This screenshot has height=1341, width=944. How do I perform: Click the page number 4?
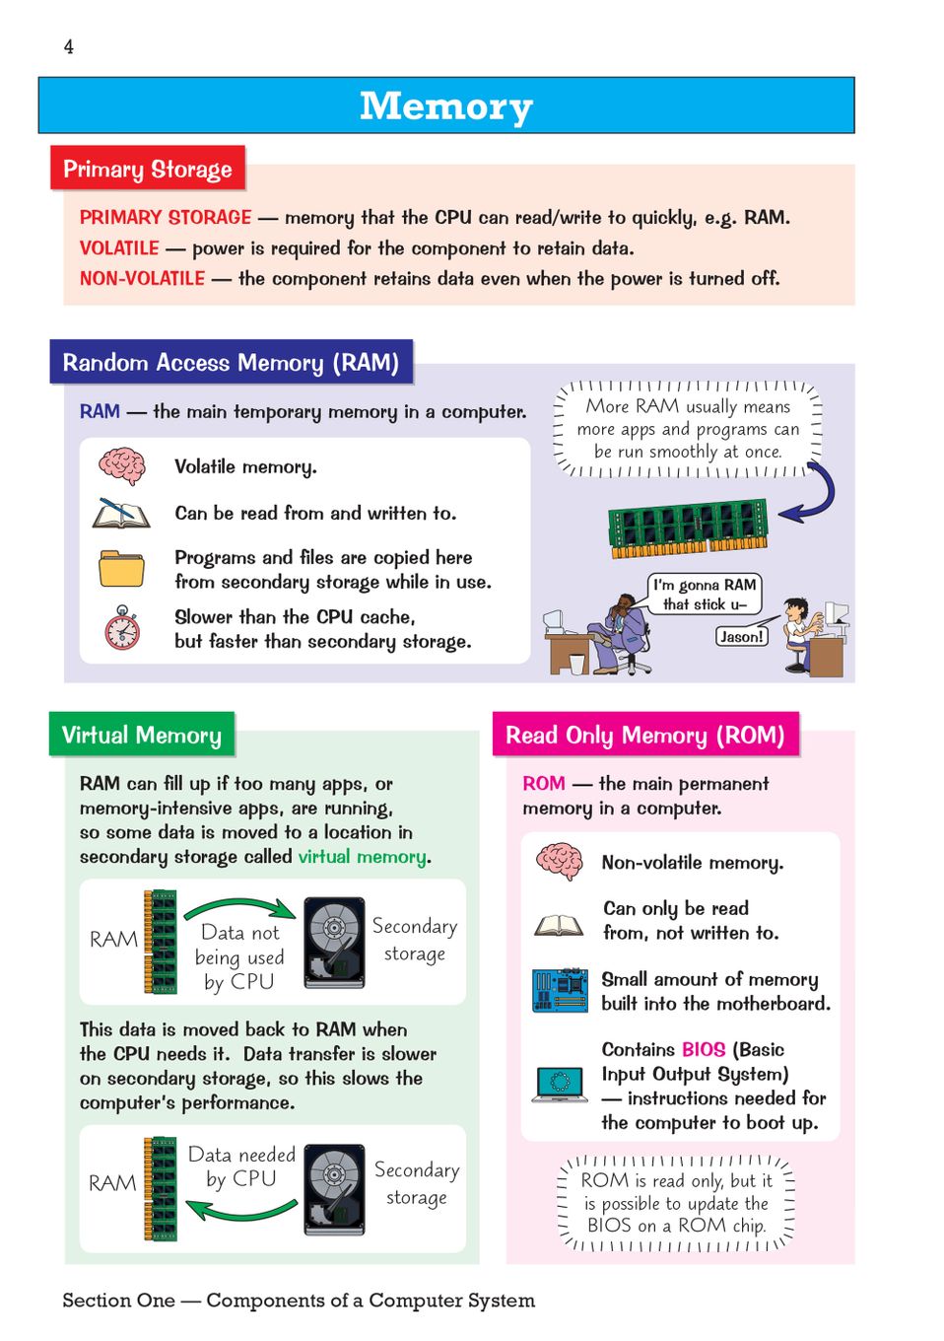click(68, 46)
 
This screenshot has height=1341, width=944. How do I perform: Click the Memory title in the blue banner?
click(445, 106)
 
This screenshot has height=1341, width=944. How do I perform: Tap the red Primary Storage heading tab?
click(148, 169)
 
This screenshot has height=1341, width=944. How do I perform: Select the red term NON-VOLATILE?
click(142, 279)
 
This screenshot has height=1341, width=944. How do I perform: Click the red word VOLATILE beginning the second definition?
click(119, 248)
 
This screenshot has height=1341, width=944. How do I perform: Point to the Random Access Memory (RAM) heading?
click(231, 363)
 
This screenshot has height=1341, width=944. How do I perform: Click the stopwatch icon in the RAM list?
click(122, 628)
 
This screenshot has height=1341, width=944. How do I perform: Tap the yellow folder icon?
click(121, 568)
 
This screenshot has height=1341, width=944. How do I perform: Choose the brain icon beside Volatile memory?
click(122, 465)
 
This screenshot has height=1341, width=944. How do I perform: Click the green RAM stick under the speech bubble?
click(688, 526)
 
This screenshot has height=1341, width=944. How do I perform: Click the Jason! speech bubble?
click(741, 637)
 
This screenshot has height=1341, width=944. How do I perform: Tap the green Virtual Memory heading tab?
click(142, 736)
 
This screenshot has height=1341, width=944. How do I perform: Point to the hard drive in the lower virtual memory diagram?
click(334, 1189)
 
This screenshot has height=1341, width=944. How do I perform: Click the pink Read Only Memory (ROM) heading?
click(644, 736)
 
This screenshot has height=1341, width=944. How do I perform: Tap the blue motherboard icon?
click(560, 990)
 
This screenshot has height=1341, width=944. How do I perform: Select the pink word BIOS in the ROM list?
click(703, 1050)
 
